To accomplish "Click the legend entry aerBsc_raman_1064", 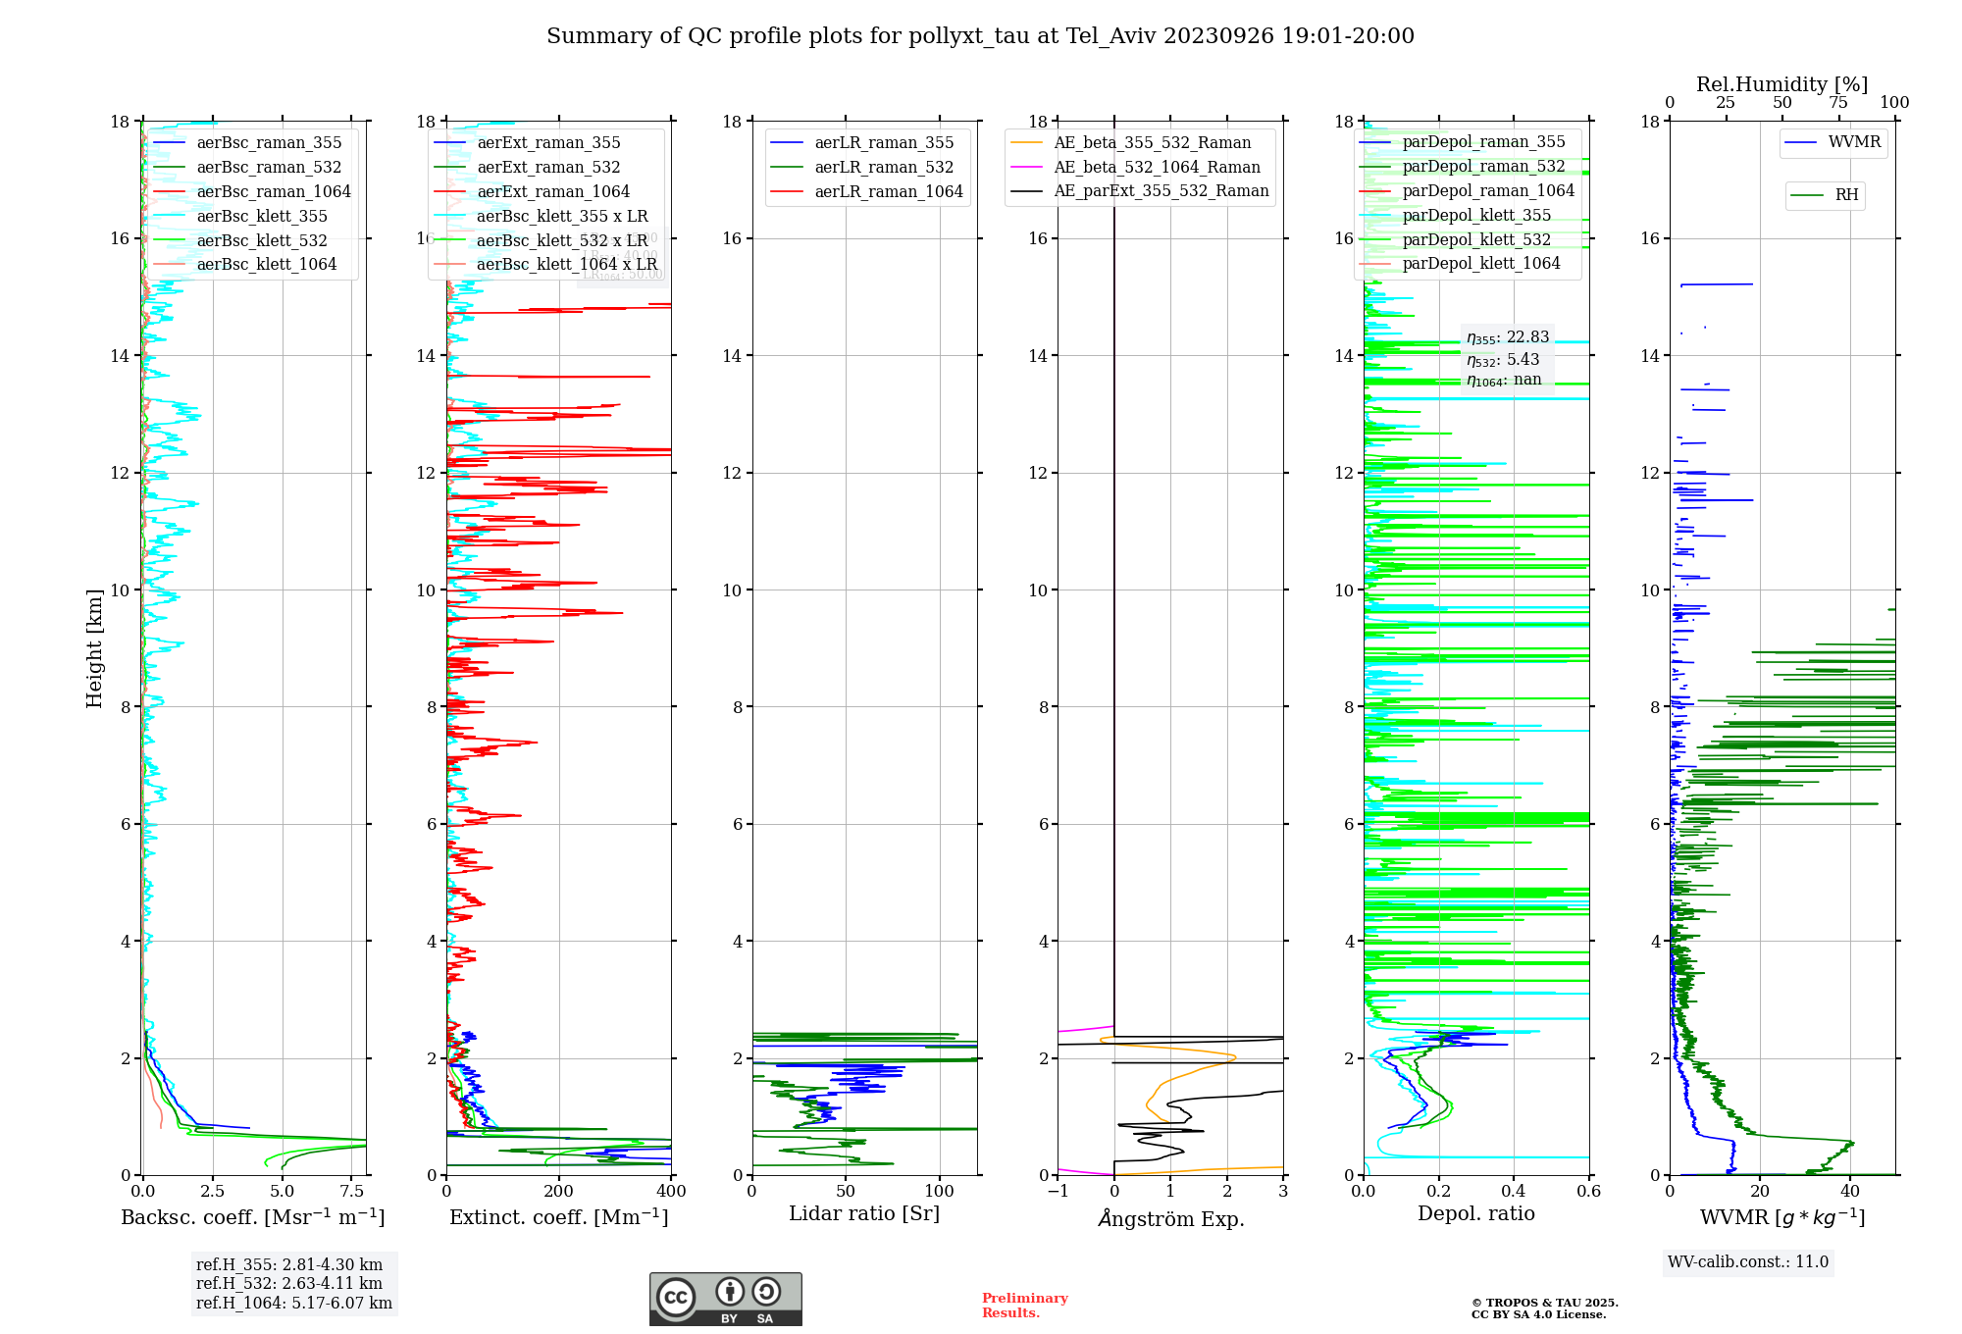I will coord(273,192).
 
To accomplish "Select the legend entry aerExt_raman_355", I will coord(548,143).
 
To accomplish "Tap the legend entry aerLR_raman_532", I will coord(883,168).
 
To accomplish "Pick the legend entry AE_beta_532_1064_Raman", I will coord(1157,168).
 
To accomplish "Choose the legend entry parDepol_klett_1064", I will coord(1480,264).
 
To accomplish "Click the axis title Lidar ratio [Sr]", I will coord(864,1214).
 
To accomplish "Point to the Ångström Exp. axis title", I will coord(1170,1219).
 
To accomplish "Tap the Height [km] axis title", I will coord(94,648).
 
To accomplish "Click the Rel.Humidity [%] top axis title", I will coord(1781,85).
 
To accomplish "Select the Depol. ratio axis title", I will coord(1475,1214).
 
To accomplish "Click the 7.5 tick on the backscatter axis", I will coord(352,1192).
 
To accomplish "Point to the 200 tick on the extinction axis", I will coord(558,1192).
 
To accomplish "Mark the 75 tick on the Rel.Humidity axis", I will coord(1837,103).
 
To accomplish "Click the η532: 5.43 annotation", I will coord(1503,360).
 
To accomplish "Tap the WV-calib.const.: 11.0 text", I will coord(1748,1262).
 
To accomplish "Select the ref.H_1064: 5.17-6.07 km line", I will coord(293,1304).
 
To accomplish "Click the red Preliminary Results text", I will coord(1024,1306).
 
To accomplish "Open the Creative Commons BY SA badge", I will coord(725,1300).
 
